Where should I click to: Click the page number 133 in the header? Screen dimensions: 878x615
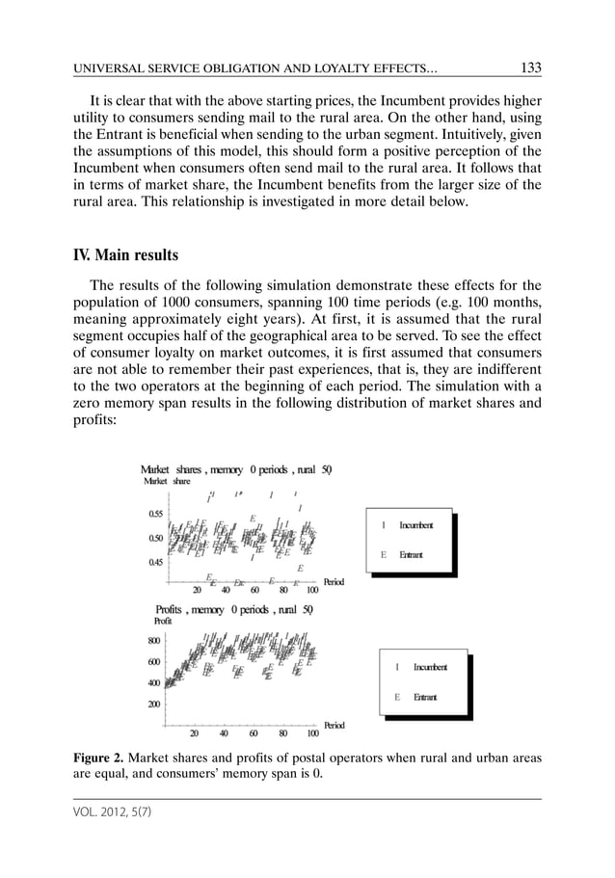529,67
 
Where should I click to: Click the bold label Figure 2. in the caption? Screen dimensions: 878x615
98,758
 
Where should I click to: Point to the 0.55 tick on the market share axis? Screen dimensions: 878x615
154,514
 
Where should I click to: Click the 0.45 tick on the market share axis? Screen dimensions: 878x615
154,563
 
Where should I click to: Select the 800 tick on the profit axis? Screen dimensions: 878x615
153,640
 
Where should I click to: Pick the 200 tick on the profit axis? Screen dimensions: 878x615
153,704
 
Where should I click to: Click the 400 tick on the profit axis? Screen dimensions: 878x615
153,683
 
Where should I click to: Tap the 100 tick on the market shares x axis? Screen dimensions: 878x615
312,591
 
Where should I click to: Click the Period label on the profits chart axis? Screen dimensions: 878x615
334,725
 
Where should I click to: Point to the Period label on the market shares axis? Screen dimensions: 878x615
334,582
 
